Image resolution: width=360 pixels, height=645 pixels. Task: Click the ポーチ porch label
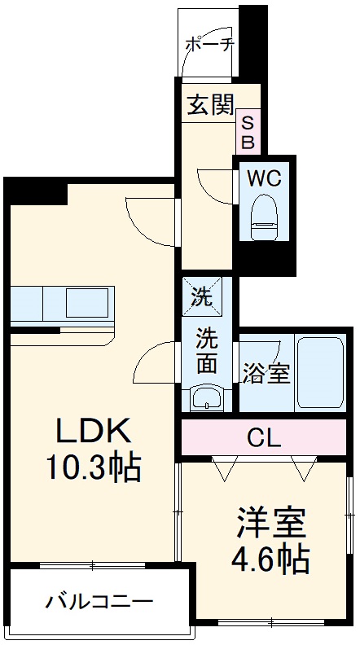210,45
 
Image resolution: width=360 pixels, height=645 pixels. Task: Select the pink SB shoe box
248,132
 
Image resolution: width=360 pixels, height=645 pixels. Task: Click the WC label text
264,178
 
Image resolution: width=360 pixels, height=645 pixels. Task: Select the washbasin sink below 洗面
207,399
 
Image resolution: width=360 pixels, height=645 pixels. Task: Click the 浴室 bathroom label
266,375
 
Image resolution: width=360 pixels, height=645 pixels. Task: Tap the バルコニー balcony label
99,603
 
